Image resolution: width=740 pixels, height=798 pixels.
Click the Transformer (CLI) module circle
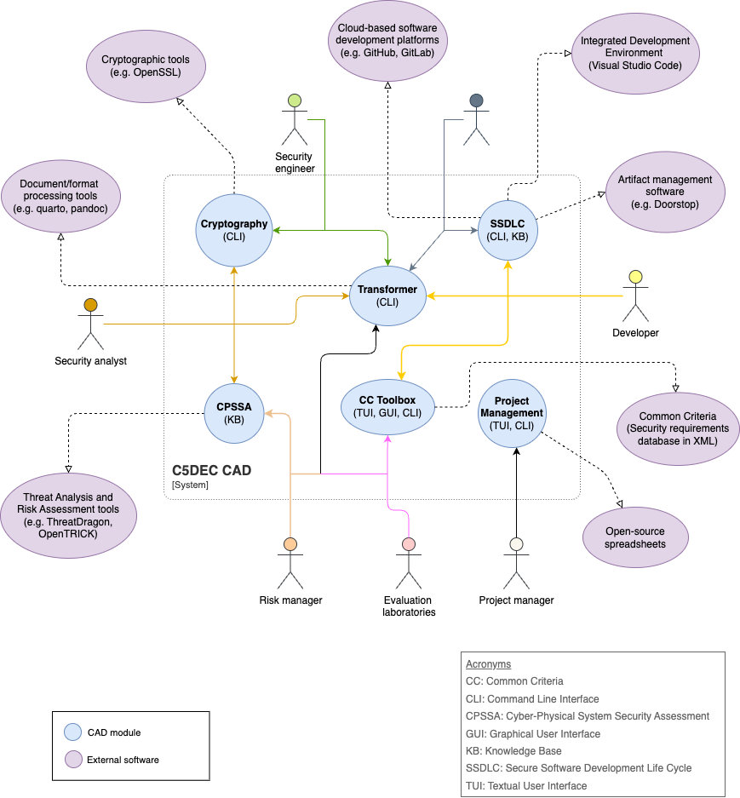click(387, 296)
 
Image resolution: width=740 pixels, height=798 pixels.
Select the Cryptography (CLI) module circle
click(233, 230)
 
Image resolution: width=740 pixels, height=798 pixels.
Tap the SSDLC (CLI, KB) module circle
click(508, 230)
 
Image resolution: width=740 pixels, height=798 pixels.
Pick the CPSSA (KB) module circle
click(234, 413)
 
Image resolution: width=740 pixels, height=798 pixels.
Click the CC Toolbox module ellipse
click(387, 406)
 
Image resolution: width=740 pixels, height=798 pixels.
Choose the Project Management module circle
click(511, 412)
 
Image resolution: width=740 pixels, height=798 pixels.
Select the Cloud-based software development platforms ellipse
click(387, 40)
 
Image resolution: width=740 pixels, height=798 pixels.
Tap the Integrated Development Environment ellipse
click(634, 53)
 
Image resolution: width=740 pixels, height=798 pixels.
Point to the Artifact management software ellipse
click(665, 192)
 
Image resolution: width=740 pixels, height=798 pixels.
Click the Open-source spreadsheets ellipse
click(635, 537)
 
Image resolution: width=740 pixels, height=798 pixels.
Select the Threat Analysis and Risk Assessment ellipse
click(68, 514)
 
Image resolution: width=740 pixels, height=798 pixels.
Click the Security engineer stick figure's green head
click(295, 100)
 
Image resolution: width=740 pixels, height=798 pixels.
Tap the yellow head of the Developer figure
click(634, 277)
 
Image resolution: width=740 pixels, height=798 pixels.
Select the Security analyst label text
click(90, 361)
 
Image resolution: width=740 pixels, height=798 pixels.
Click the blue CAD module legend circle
click(72, 732)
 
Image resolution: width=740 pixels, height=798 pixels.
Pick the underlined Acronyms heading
click(488, 664)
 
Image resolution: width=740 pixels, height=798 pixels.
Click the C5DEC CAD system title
click(211, 470)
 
